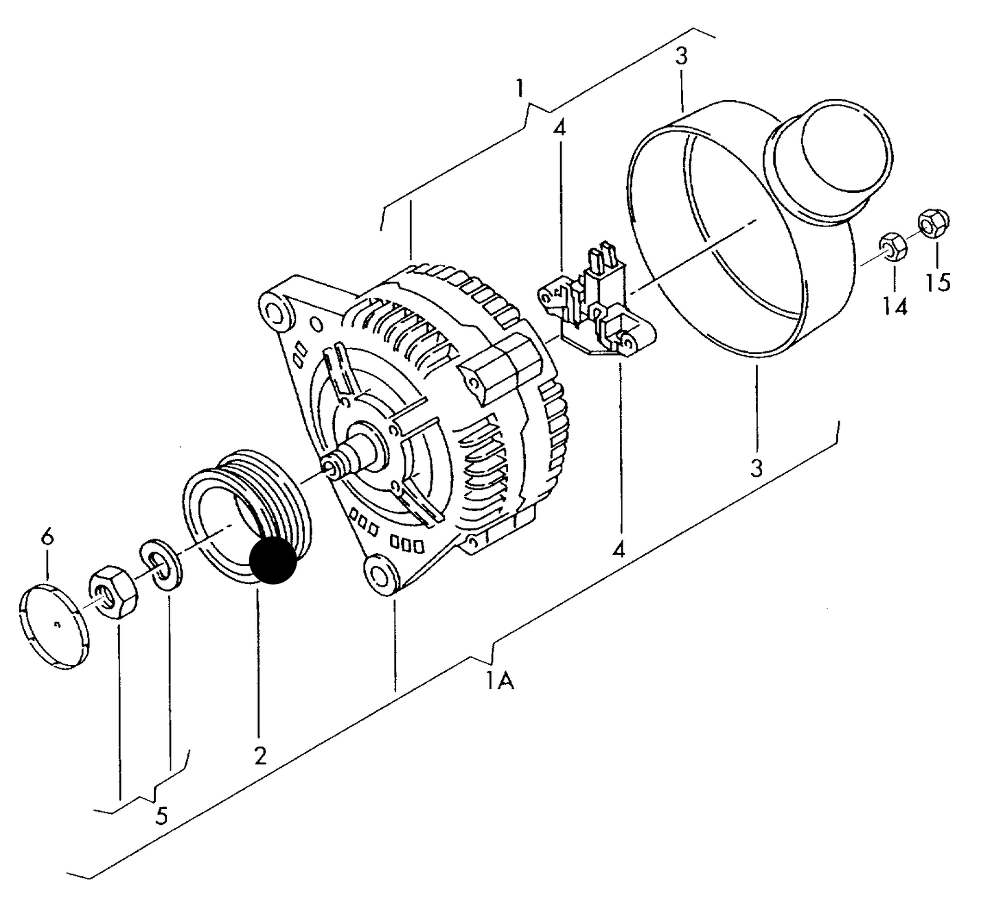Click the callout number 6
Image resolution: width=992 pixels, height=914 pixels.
click(x=47, y=537)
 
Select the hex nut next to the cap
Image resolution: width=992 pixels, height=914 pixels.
click(x=113, y=591)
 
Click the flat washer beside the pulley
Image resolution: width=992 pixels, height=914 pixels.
click(x=161, y=564)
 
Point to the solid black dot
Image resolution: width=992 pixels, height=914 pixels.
click(x=273, y=560)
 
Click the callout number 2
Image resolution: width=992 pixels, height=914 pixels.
click(x=259, y=755)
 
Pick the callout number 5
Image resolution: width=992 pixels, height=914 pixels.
click(x=161, y=816)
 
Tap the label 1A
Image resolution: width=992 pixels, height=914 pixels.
click(x=500, y=681)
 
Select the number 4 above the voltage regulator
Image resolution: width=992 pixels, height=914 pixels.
click(x=560, y=128)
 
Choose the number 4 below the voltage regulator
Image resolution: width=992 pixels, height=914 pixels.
click(x=619, y=549)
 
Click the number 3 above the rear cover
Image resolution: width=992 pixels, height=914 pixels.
click(x=680, y=56)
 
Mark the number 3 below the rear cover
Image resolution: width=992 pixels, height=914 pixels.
click(x=756, y=469)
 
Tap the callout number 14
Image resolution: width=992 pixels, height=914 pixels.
click(x=895, y=306)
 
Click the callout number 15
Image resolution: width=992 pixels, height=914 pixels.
click(x=938, y=281)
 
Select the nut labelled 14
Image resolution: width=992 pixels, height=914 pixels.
click(x=892, y=248)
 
